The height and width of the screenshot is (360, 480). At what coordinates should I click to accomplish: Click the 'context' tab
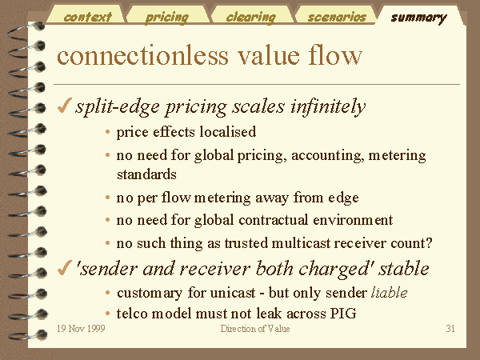[x=87, y=17]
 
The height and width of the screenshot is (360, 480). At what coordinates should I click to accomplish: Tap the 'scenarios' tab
[x=337, y=17]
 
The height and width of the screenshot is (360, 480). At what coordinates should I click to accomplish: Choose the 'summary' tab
[x=418, y=18]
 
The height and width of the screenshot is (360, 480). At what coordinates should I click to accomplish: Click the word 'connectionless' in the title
[x=142, y=55]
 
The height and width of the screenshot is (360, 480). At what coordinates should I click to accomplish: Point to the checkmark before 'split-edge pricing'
[x=65, y=106]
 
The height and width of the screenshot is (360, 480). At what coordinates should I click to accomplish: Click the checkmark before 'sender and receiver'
[x=65, y=268]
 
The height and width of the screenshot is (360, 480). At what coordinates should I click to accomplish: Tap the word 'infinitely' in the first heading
[x=328, y=106]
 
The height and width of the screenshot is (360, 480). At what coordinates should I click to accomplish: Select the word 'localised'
[x=228, y=132]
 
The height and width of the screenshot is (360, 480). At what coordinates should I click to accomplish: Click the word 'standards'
[x=146, y=174]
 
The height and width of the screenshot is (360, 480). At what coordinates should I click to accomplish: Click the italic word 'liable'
[x=389, y=293]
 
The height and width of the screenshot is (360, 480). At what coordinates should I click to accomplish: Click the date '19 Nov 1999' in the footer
[x=81, y=329]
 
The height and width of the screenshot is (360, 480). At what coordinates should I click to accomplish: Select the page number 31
[x=450, y=329]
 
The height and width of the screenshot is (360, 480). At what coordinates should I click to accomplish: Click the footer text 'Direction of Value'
[x=255, y=329]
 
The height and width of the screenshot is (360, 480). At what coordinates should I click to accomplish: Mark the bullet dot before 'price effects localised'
[x=107, y=132]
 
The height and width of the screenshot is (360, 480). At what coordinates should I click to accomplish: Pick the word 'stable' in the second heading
[x=404, y=269]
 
